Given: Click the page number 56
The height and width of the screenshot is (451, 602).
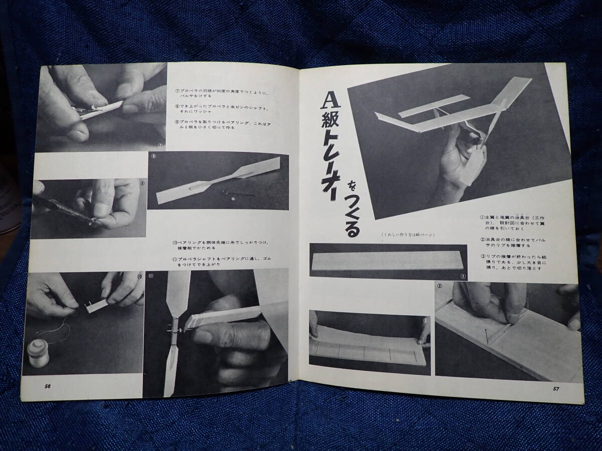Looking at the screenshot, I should tap(48, 386).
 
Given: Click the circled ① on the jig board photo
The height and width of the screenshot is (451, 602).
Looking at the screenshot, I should tap(463, 276).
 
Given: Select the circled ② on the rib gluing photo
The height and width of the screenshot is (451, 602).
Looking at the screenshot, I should tap(440, 287).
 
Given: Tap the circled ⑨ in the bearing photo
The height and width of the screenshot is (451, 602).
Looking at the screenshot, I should tap(142, 183).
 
